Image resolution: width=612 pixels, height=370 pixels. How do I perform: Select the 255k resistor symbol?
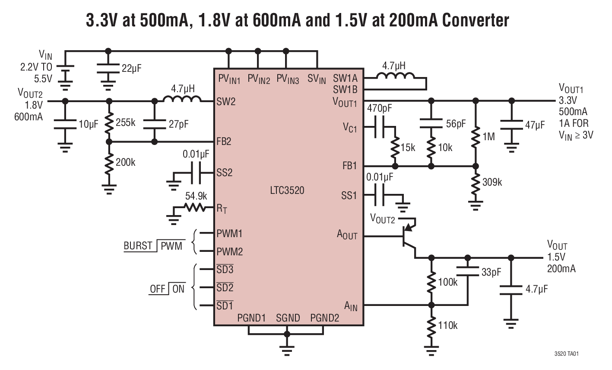coord(109,122)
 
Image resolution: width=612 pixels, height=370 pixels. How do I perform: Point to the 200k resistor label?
coord(125,162)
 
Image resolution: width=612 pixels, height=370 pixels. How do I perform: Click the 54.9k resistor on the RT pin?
coord(195,208)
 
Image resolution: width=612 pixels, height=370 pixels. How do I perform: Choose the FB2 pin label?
coord(224,142)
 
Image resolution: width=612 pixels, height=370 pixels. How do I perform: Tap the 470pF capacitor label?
coord(380,108)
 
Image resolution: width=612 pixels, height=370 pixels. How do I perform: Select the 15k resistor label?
coord(408,148)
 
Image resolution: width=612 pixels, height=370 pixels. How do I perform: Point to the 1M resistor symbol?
coord(476,137)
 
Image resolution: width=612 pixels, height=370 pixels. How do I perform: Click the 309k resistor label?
coord(492,182)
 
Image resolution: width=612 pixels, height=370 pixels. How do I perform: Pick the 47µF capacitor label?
coord(535,125)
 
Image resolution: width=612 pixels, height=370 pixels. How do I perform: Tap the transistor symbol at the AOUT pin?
coord(408,236)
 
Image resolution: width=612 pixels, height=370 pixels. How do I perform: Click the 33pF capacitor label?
coord(491,272)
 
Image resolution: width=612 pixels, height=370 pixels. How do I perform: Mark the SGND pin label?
coord(288,318)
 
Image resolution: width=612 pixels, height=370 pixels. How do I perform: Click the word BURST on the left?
coord(138,246)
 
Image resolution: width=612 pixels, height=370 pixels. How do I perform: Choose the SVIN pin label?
coord(317,79)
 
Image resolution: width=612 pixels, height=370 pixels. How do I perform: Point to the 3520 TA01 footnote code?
coord(567,354)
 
